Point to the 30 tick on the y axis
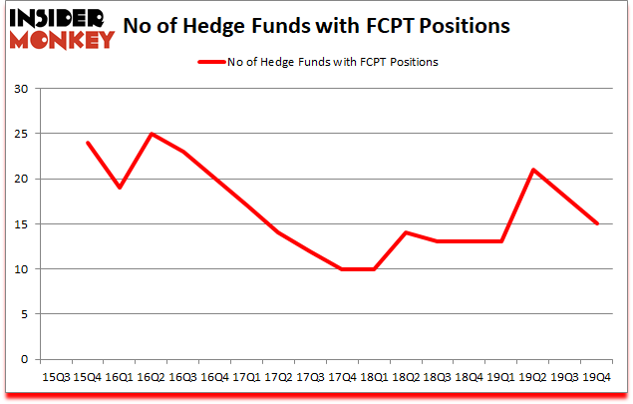pos(21,89)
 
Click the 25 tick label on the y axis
pos(21,134)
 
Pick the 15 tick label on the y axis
pos(21,224)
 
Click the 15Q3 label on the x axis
pos(56,377)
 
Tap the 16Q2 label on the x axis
pos(153,377)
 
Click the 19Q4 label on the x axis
pos(597,377)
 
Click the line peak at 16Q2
pos(153,134)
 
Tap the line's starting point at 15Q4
pos(89,143)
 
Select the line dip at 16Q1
pos(121,188)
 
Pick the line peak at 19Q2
pos(534,170)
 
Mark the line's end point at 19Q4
pos(597,223)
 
